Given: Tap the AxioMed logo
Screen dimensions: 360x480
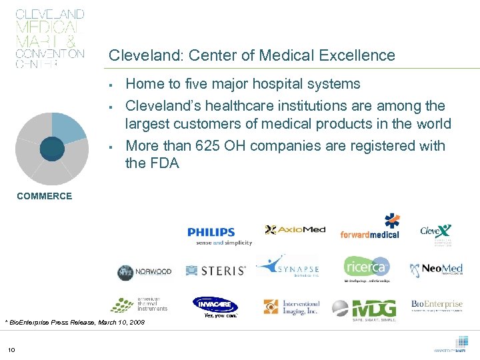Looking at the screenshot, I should coord(295,230).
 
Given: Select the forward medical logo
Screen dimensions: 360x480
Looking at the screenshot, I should coord(370,228).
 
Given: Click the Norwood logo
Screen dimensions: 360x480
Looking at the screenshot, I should coord(145,272).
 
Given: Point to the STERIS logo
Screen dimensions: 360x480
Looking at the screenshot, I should coord(215,271).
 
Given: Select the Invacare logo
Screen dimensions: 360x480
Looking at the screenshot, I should coord(215,306).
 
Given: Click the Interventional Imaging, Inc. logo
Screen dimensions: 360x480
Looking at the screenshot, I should coord(291,307).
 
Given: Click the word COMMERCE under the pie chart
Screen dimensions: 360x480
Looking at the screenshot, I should coord(45,196).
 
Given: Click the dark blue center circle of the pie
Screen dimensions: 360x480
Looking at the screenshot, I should coord(52,148).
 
